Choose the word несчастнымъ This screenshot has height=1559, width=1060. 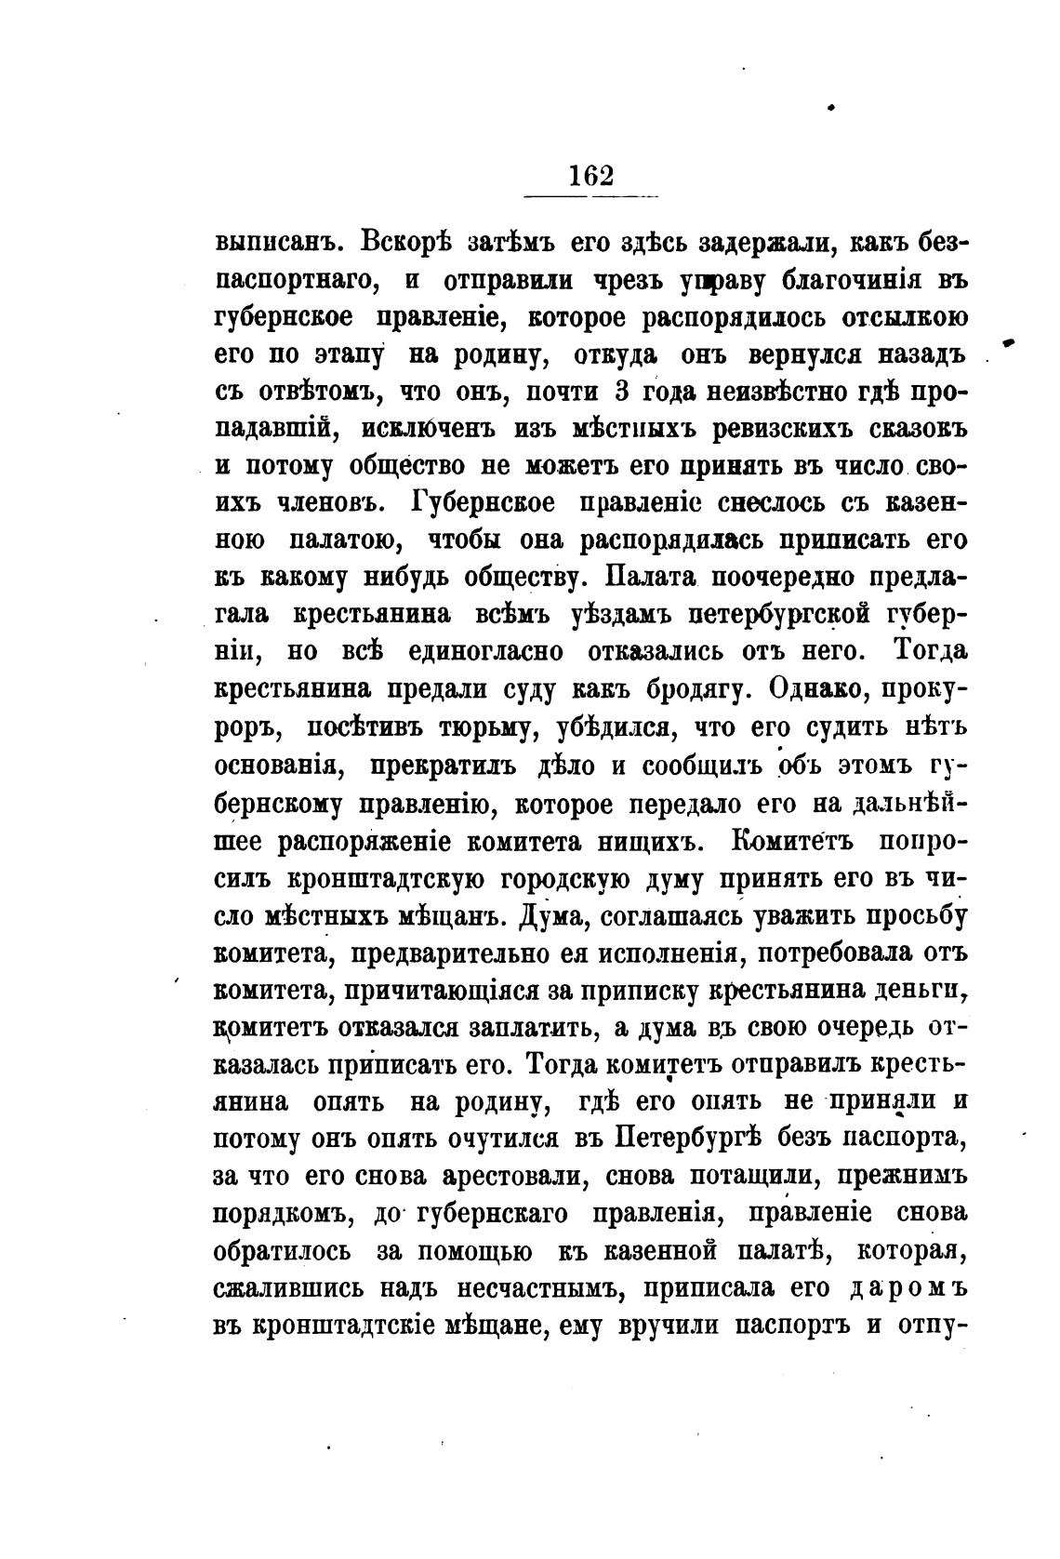tap(538, 1289)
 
